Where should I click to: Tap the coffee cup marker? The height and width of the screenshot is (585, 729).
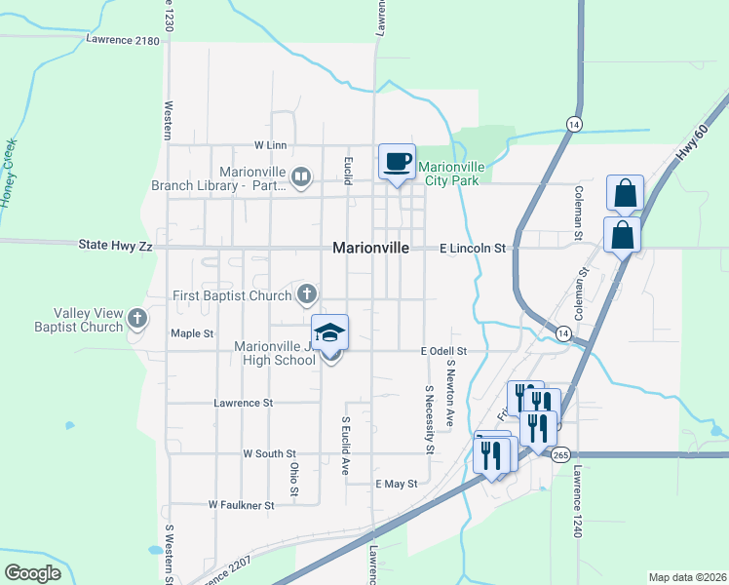pyautogui.click(x=397, y=162)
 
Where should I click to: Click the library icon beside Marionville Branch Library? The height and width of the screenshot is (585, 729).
pyautogui.click(x=301, y=177)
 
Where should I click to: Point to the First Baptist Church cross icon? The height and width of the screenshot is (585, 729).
pyautogui.click(x=307, y=293)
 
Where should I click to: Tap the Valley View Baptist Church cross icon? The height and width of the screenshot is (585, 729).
pyautogui.click(x=138, y=317)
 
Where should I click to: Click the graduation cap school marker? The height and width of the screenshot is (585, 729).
pyautogui.click(x=330, y=333)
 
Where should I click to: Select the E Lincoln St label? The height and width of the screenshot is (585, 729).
pyautogui.click(x=472, y=249)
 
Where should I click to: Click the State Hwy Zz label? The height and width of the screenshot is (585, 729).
pyautogui.click(x=115, y=248)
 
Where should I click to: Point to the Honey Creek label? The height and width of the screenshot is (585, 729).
pyautogui.click(x=11, y=171)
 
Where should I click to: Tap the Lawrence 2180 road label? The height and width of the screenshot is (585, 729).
pyautogui.click(x=122, y=40)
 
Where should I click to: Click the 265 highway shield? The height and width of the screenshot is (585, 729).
pyautogui.click(x=560, y=455)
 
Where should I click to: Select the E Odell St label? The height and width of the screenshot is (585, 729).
pyautogui.click(x=444, y=350)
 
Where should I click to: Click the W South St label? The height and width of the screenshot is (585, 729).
pyautogui.click(x=269, y=454)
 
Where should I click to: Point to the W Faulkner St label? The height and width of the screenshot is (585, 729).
pyautogui.click(x=241, y=505)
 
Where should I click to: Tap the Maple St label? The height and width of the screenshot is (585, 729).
pyautogui.click(x=192, y=333)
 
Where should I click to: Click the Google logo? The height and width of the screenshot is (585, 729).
pyautogui.click(x=33, y=573)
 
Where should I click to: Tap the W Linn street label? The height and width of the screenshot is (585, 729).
pyautogui.click(x=270, y=145)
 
